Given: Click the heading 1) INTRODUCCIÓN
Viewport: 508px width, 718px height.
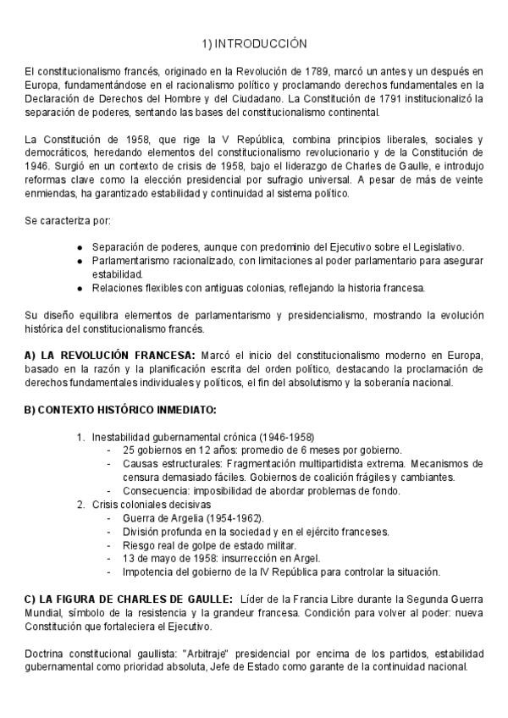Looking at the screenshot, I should pos(254,42).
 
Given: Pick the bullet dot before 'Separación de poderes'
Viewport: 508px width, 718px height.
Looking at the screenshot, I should pos(80,248).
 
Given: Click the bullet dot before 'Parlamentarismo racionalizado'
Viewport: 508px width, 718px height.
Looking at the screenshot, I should pos(80,262).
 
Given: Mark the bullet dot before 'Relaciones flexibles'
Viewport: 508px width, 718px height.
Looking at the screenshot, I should pos(80,288).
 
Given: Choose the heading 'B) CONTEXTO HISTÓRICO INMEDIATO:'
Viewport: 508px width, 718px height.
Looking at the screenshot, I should pos(120,411).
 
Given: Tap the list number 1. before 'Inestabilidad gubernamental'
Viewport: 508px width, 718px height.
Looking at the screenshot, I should pos(80,437).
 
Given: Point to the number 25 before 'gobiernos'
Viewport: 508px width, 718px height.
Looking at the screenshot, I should pos(128,450).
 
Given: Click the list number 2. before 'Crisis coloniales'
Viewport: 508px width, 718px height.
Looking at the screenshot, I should pos(80,505).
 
